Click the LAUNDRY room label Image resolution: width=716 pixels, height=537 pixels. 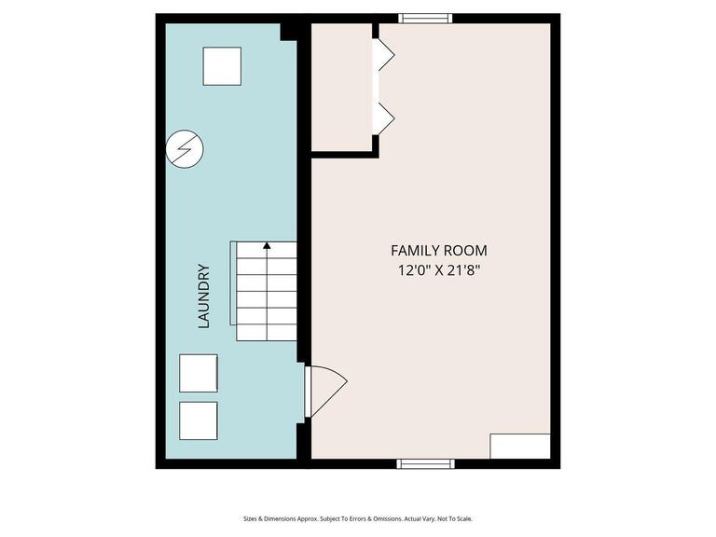point(203,296)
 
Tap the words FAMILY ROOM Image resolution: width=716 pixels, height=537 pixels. point(438,251)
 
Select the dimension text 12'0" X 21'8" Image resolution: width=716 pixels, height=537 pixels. point(438,271)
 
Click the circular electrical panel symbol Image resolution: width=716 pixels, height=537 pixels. point(184,148)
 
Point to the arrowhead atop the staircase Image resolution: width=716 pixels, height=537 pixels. point(267,246)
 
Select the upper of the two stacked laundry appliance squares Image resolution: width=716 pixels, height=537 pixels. point(199,373)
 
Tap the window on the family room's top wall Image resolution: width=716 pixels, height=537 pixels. point(426,18)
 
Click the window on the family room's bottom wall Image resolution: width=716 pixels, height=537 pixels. point(426,463)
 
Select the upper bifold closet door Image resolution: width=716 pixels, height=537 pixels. point(383,55)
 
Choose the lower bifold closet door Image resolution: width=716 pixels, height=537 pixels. point(383,117)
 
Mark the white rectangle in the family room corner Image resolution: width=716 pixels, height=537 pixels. point(519,446)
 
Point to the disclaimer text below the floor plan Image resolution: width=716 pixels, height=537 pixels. point(358,519)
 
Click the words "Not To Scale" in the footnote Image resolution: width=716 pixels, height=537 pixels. point(457,519)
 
